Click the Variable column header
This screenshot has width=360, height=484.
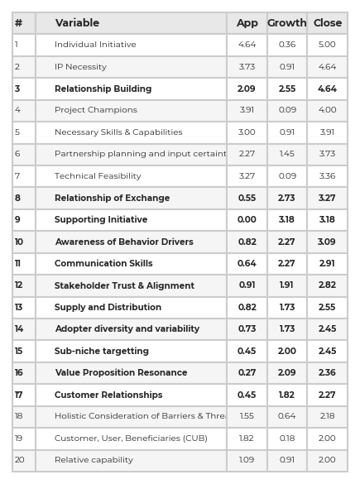(77, 23)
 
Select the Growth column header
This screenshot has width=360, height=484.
(287, 23)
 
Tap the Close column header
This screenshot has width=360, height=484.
(328, 23)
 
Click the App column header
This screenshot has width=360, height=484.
(247, 23)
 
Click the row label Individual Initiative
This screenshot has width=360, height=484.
(95, 45)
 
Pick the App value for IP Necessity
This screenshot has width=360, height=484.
(247, 67)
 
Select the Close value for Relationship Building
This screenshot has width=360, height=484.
(327, 89)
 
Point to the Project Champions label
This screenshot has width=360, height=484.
(96, 110)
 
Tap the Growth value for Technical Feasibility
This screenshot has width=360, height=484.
(287, 176)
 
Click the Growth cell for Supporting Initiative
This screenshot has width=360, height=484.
(286, 220)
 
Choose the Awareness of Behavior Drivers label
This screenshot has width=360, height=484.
(124, 242)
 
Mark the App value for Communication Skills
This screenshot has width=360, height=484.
(247, 264)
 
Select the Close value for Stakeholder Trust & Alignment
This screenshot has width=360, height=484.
(327, 285)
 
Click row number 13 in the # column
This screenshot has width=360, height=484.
(19, 308)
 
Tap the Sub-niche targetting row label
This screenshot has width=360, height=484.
(102, 351)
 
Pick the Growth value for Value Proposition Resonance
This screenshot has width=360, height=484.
(286, 373)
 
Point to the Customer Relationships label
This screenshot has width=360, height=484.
(108, 395)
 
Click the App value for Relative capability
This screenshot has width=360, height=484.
(247, 460)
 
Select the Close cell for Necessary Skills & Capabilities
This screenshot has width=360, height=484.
(327, 132)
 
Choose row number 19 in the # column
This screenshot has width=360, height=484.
(19, 438)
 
